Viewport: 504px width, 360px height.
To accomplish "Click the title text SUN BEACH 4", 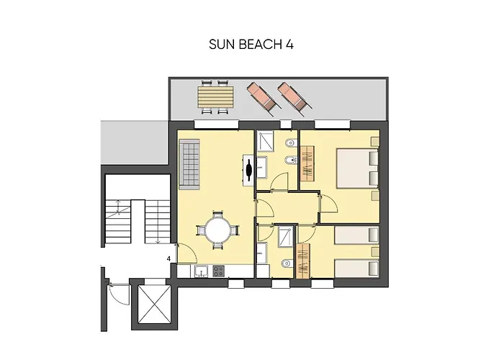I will (251, 44).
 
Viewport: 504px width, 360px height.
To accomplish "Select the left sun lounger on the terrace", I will (261, 97).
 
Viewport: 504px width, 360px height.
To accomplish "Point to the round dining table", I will (217, 231).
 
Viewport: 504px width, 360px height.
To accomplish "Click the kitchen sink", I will (202, 271).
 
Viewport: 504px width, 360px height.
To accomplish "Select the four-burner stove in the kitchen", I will (217, 271).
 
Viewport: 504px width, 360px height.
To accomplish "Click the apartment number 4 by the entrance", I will (168, 258).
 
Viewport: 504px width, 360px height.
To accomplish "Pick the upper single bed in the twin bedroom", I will (358, 235).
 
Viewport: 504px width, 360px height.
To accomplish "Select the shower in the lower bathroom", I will (284, 235).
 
